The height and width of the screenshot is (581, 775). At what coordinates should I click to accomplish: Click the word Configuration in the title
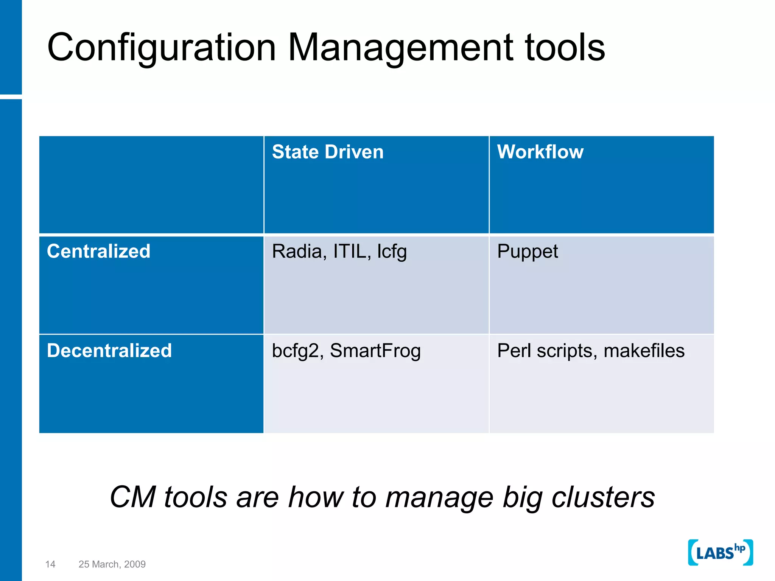pos(162,48)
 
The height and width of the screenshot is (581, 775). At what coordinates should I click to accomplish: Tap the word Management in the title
pos(401,48)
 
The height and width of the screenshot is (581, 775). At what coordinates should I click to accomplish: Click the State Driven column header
pos(328,152)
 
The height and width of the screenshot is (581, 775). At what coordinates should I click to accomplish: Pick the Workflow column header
pos(540,152)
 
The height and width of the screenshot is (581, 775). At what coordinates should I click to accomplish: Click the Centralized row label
pos(98,252)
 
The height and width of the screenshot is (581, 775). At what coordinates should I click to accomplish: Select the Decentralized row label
pos(109,351)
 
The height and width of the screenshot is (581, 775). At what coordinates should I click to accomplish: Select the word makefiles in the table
pos(644,351)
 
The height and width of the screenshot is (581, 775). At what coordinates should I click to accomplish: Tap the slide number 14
pos(50,564)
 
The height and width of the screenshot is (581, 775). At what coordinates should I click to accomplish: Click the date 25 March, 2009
pos(112,564)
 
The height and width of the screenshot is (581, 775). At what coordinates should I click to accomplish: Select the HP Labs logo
pos(720,553)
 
